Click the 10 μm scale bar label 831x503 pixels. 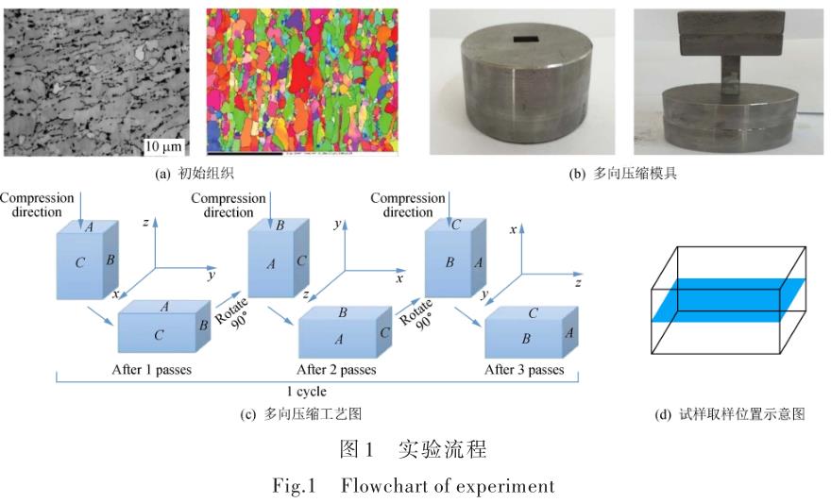coord(162,146)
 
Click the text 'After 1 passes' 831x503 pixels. coord(152,369)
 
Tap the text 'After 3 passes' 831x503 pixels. coord(524,369)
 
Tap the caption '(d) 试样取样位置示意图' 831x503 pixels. coord(733,413)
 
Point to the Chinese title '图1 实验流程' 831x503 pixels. coord(415,450)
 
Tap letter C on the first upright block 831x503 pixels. coord(80,263)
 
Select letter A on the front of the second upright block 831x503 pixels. coord(270,264)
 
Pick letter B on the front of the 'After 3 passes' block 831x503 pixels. coord(526,336)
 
